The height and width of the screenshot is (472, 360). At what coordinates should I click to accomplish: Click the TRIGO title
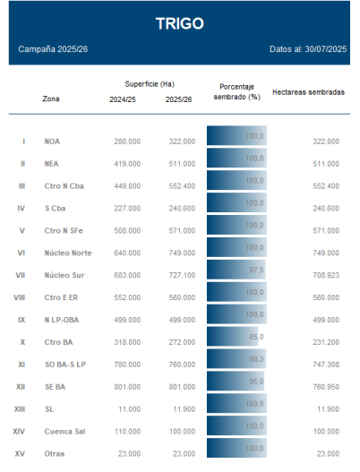(x=180, y=23)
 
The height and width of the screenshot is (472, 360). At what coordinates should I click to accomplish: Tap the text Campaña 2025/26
(x=53, y=49)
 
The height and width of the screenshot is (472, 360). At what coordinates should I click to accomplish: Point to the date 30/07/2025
(x=326, y=49)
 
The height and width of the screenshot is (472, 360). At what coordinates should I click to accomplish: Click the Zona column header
(x=51, y=99)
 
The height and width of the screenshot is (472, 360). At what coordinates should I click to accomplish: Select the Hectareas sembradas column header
(x=309, y=92)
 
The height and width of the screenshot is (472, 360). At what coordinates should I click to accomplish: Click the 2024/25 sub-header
(x=123, y=99)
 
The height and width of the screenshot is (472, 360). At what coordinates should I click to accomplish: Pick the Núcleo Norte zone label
(x=68, y=253)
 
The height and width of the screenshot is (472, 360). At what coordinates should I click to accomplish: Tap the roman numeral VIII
(x=20, y=297)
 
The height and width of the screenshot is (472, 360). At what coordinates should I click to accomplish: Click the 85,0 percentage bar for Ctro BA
(x=232, y=337)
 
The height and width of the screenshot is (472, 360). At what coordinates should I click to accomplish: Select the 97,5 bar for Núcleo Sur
(x=236, y=270)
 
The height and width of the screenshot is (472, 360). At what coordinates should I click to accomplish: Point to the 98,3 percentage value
(x=256, y=359)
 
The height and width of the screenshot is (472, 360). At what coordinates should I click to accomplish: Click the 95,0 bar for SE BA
(x=236, y=381)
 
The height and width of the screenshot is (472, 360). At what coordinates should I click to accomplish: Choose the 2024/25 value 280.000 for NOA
(x=127, y=142)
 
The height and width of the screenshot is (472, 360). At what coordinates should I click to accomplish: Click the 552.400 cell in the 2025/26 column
(x=182, y=186)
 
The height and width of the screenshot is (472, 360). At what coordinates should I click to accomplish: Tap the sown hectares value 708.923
(x=326, y=275)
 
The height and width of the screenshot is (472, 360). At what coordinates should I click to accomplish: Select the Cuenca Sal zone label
(x=64, y=432)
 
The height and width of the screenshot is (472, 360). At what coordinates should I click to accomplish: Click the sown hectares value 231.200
(x=326, y=342)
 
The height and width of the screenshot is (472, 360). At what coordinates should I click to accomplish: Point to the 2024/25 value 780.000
(x=127, y=365)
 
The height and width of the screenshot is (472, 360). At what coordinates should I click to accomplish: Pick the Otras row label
(x=55, y=453)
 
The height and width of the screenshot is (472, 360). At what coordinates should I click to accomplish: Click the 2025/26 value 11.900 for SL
(x=184, y=409)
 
